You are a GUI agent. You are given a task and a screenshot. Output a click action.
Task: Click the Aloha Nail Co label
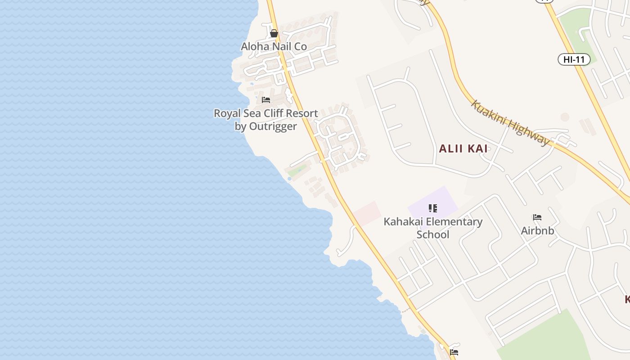274,46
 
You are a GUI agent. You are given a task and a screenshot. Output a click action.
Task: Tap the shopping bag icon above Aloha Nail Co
274,33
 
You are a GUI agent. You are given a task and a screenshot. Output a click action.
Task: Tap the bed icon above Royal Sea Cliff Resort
266,99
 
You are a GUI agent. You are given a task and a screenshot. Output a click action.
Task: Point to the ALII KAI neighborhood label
463,148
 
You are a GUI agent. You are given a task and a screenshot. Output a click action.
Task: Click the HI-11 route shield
574,59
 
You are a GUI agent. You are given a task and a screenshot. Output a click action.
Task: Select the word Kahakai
403,222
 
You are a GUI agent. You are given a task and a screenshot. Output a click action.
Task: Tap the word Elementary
454,222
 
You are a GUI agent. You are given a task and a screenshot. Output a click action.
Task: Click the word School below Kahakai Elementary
433,234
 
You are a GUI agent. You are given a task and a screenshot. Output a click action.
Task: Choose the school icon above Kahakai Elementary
433,208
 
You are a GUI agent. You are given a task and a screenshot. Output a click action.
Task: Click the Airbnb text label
537,231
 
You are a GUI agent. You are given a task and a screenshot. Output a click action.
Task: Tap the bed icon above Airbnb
537,217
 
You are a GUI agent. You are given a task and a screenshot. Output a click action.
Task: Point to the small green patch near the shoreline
297,171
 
